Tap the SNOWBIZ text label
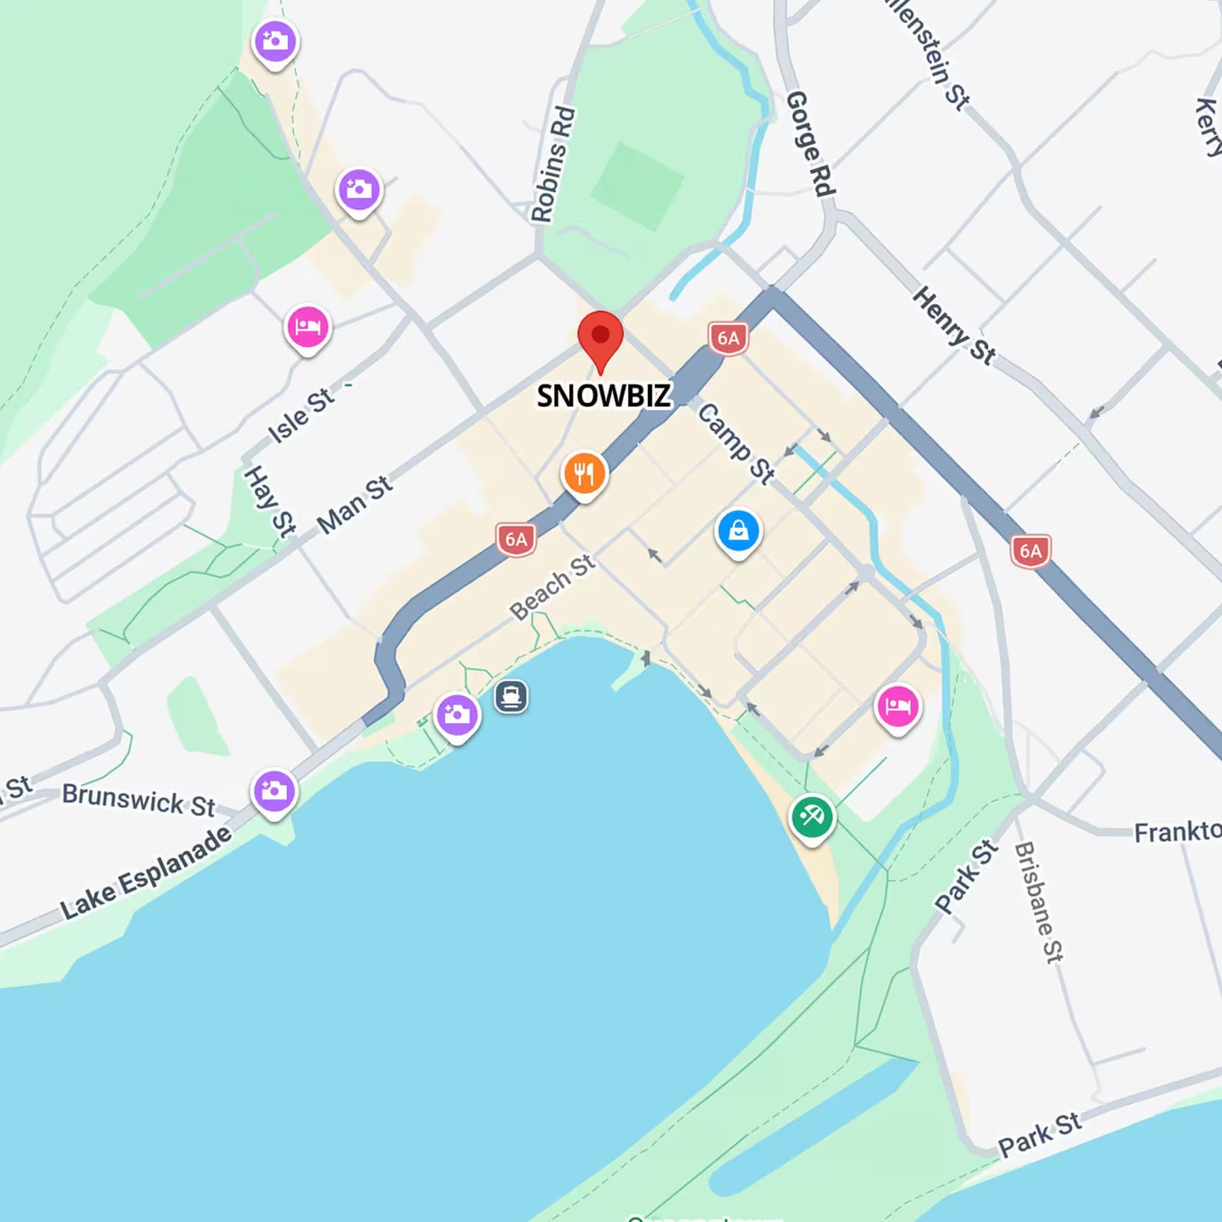604,396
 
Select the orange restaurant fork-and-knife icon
584,473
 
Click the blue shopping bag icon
739,531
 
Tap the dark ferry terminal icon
511,697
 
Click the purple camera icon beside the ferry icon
457,715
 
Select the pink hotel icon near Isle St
308,327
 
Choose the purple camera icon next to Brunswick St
274,792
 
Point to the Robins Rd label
553,164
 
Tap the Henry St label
953,325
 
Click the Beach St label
552,587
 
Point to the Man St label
354,504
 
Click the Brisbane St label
1038,902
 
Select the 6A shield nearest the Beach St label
516,540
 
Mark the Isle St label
301,415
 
